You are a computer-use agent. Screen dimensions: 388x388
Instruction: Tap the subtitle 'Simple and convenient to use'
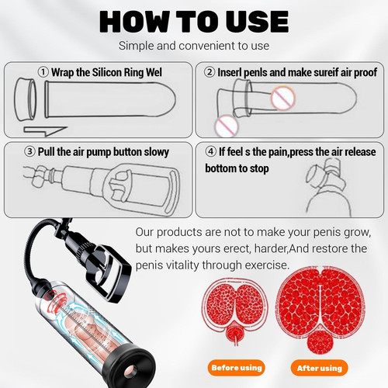(x=194, y=46)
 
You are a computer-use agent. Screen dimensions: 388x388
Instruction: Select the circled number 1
(x=43, y=72)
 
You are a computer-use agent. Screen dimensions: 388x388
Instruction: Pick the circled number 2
(x=210, y=72)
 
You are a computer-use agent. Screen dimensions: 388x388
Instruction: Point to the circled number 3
(x=29, y=151)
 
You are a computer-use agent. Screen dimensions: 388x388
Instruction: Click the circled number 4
(x=211, y=151)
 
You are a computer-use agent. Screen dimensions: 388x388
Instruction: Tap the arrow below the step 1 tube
(x=45, y=131)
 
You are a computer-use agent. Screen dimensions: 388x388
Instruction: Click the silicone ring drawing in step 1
(x=25, y=99)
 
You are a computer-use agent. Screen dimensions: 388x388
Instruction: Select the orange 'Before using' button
(x=237, y=368)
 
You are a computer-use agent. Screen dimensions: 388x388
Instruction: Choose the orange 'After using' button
(x=320, y=368)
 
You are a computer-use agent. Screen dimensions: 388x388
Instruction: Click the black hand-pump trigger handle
(x=112, y=274)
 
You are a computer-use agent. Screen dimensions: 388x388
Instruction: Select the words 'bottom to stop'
(x=237, y=168)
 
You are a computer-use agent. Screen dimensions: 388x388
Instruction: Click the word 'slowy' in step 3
(x=157, y=152)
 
